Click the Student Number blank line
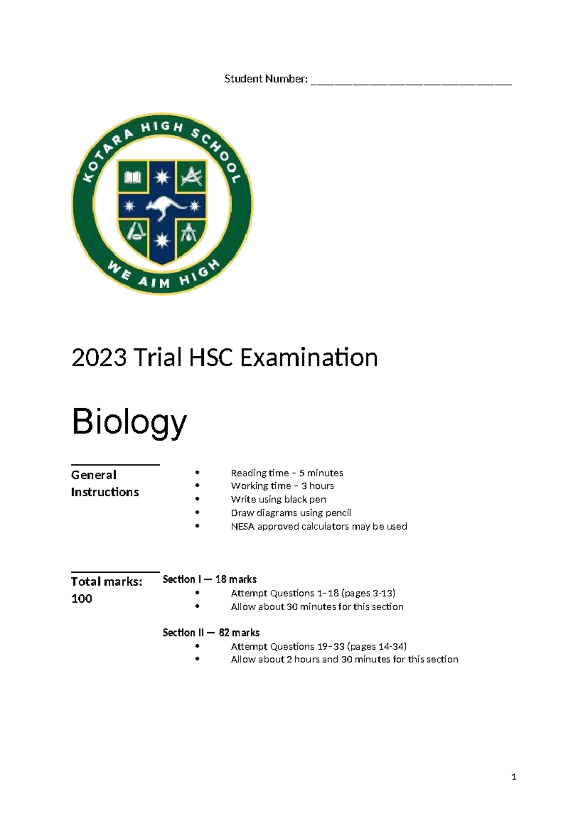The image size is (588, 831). pyautogui.click(x=411, y=83)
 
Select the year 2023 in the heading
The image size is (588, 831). pyautogui.click(x=99, y=358)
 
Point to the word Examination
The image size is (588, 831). pyautogui.click(x=309, y=358)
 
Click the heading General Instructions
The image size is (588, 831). pyautogui.click(x=105, y=483)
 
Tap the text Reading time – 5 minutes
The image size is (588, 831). pyautogui.click(x=287, y=473)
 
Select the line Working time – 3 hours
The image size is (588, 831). pyautogui.click(x=282, y=486)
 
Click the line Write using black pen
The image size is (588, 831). pyautogui.click(x=278, y=499)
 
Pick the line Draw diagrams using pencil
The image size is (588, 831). pyautogui.click(x=291, y=513)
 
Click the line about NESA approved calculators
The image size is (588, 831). pyautogui.click(x=318, y=526)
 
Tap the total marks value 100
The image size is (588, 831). pyautogui.click(x=82, y=599)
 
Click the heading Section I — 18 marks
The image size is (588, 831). pyautogui.click(x=210, y=579)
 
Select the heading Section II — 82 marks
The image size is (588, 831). pyautogui.click(x=211, y=633)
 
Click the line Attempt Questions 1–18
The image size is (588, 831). pyautogui.click(x=313, y=593)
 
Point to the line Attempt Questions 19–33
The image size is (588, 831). pyautogui.click(x=318, y=646)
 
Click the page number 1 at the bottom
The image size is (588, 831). pyautogui.click(x=514, y=777)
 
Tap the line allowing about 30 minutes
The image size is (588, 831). pyautogui.click(x=317, y=607)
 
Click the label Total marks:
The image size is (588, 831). pyautogui.click(x=106, y=582)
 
